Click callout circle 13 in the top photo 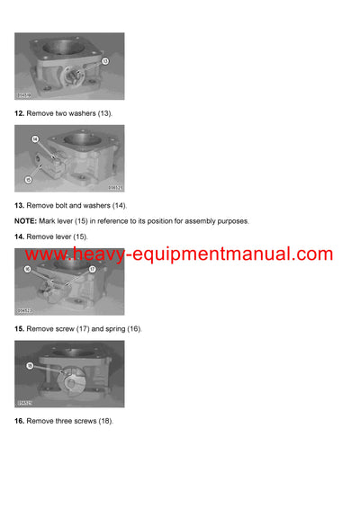pyautogui.click(x=104, y=61)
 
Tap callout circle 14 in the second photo pyautogui.click(x=35, y=140)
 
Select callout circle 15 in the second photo pyautogui.click(x=28, y=180)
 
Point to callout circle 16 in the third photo pyautogui.click(x=28, y=269)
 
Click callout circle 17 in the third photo pyautogui.click(x=92, y=269)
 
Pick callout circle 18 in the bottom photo pyautogui.click(x=30, y=366)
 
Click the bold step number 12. pyautogui.click(x=19, y=114)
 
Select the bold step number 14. pyautogui.click(x=19, y=236)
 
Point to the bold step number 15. pyautogui.click(x=19, y=329)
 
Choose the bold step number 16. pyautogui.click(x=19, y=421)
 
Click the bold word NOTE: pyautogui.click(x=26, y=220)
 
